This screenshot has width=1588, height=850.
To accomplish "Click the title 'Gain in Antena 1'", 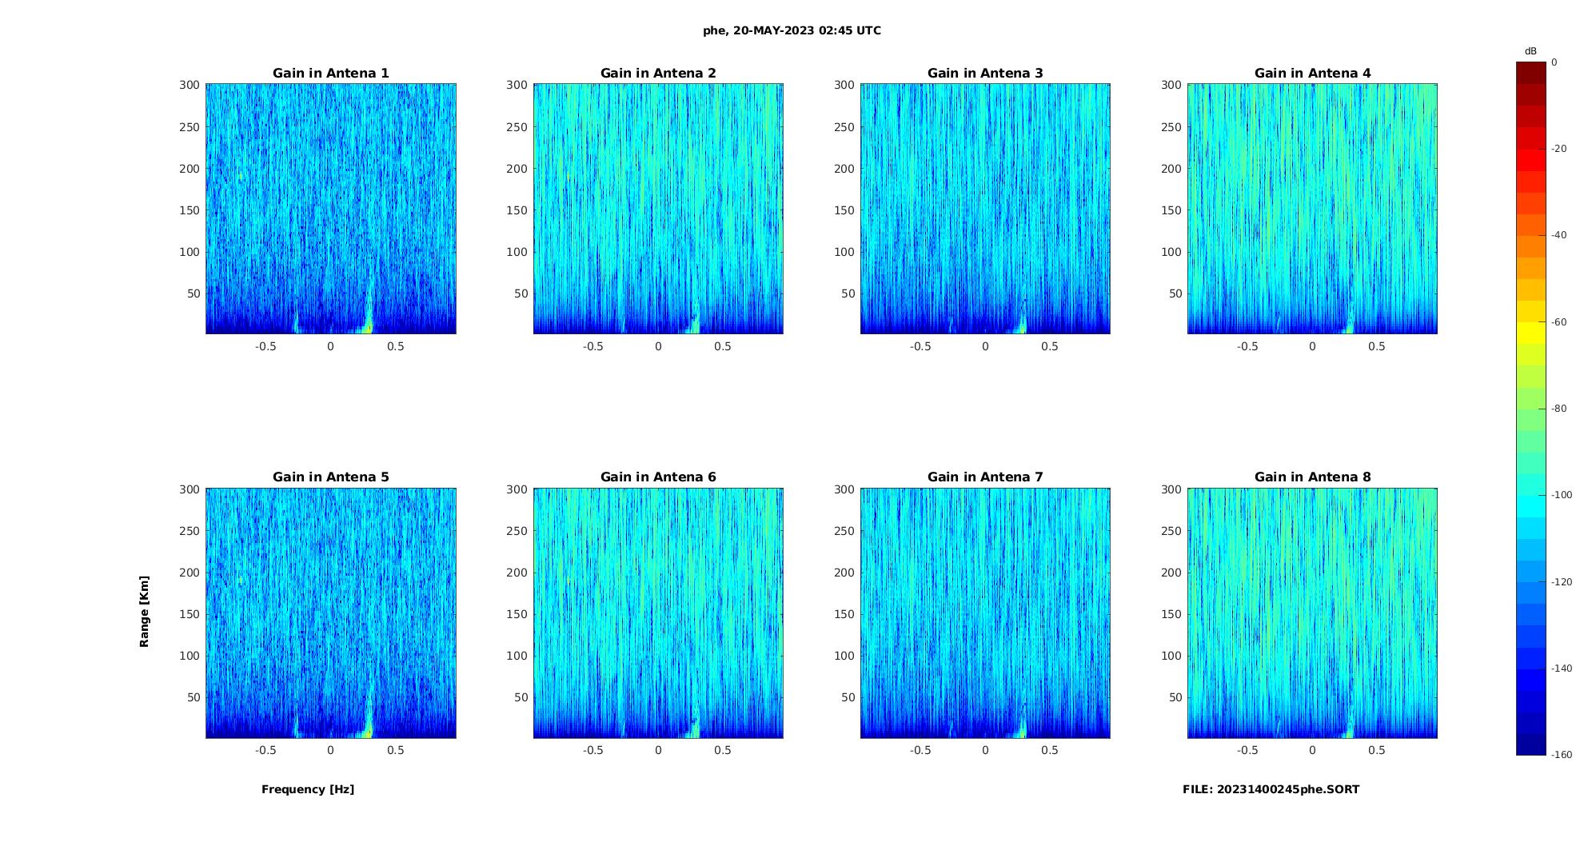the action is pyautogui.click(x=330, y=74).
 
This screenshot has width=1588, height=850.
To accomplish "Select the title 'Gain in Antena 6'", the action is pyautogui.click(x=658, y=477).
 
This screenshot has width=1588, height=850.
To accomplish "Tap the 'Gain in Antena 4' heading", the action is pyautogui.click(x=1312, y=74).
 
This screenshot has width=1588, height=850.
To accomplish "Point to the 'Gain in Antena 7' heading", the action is pyautogui.click(x=985, y=477).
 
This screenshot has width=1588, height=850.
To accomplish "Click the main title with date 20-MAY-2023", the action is pyautogui.click(x=792, y=31).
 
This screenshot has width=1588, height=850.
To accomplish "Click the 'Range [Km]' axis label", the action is pyautogui.click(x=145, y=612).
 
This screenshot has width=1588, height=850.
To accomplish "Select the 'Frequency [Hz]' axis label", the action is pyautogui.click(x=308, y=789).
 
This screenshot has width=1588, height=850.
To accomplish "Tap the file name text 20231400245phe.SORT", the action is pyautogui.click(x=1271, y=789).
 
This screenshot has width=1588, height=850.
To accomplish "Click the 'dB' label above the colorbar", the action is pyautogui.click(x=1530, y=51).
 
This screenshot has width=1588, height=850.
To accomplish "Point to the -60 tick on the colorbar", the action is pyautogui.click(x=1558, y=322).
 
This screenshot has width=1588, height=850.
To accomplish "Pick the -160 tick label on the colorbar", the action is pyautogui.click(x=1561, y=755).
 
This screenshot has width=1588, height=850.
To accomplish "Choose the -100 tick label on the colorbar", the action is pyautogui.click(x=1561, y=495).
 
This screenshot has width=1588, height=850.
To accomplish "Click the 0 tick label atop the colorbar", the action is pyautogui.click(x=1554, y=62).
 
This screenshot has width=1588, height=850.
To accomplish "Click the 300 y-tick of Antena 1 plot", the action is pyautogui.click(x=190, y=85).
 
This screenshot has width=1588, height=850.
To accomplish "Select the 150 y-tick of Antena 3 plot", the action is pyautogui.click(x=844, y=210).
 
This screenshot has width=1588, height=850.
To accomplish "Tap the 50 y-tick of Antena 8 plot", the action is pyautogui.click(x=1175, y=697).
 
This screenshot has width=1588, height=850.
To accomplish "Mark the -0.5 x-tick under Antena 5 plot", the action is pyautogui.click(x=265, y=751).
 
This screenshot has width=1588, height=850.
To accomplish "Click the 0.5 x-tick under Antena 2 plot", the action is pyautogui.click(x=723, y=347).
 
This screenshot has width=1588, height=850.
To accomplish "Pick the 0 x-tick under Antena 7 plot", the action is pyautogui.click(x=985, y=751).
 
